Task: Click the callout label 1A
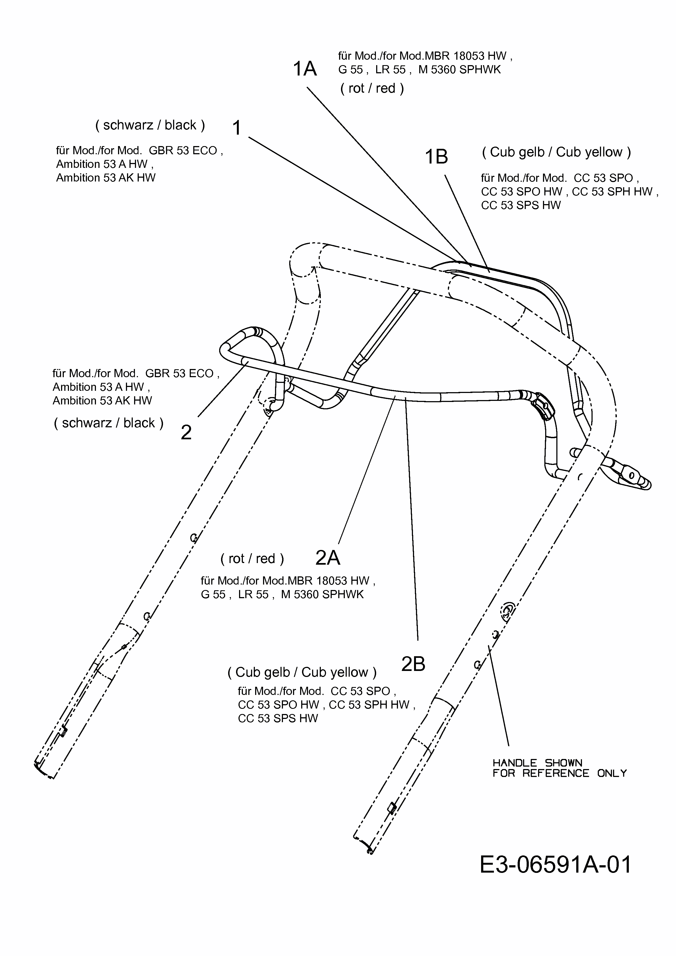(305, 69)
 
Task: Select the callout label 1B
(436, 157)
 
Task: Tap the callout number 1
(237, 128)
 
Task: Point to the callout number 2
(186, 432)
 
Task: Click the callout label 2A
(328, 558)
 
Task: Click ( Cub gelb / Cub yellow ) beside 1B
(556, 152)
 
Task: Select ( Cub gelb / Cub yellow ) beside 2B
(302, 672)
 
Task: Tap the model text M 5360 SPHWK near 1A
(459, 69)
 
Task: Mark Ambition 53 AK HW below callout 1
(106, 178)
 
